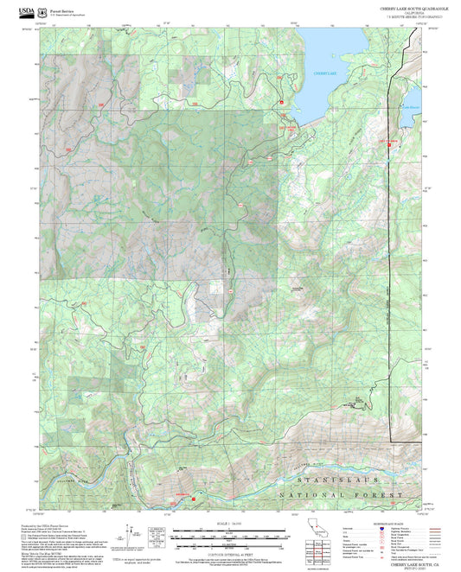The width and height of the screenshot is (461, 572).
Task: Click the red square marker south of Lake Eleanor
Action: [388, 144]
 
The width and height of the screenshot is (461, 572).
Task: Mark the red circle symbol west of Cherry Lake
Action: [281, 104]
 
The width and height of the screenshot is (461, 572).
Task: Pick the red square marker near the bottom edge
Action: [195, 499]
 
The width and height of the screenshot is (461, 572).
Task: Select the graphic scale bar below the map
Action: [229, 536]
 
